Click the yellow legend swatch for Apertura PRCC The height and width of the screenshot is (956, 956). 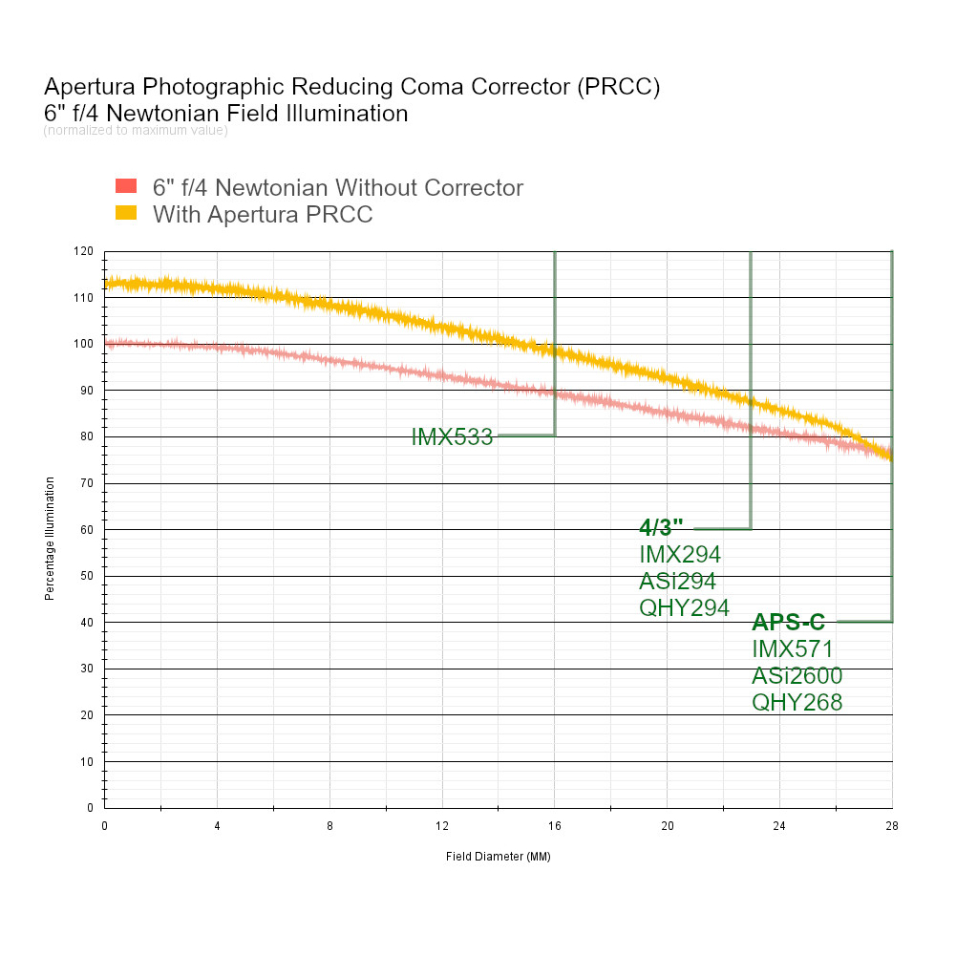click(x=126, y=213)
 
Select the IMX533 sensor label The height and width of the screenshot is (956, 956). click(x=452, y=437)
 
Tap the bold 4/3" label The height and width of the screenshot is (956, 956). click(x=661, y=528)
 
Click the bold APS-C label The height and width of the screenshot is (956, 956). click(x=788, y=623)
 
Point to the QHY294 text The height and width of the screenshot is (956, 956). click(x=684, y=607)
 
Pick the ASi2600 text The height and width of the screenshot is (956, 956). click(x=797, y=676)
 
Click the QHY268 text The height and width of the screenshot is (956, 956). click(x=797, y=703)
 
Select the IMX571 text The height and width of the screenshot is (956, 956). click(x=793, y=649)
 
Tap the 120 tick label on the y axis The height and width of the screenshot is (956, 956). click(x=85, y=252)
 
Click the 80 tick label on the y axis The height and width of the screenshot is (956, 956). click(x=88, y=437)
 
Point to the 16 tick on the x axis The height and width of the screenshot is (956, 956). click(x=555, y=826)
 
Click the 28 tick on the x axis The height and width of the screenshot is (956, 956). click(x=892, y=826)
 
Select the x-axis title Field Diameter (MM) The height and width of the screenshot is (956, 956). click(x=498, y=857)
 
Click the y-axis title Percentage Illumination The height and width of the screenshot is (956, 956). click(x=50, y=539)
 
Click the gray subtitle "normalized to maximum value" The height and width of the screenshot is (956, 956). click(x=136, y=131)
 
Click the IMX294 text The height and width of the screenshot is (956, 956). click(x=679, y=554)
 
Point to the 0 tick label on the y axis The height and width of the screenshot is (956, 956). click(x=91, y=808)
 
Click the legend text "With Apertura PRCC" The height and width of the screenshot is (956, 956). click(x=263, y=214)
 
